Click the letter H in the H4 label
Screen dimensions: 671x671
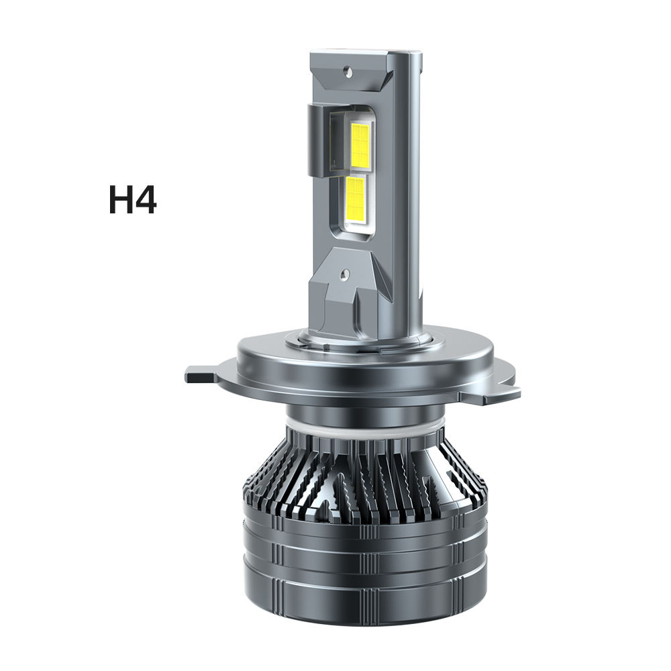(x=121, y=201)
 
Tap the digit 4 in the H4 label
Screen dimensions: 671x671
(x=146, y=201)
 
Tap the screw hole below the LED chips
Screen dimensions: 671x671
(x=344, y=273)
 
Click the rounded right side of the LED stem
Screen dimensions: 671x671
(x=415, y=201)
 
